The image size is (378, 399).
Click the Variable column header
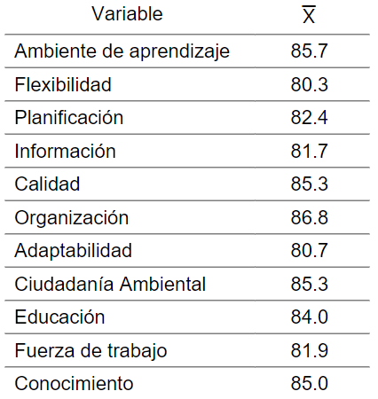[x=127, y=13]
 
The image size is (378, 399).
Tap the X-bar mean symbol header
[x=309, y=14]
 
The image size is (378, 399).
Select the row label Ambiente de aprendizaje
[x=122, y=51]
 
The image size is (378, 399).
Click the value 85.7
[x=309, y=51]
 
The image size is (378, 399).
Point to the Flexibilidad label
[x=63, y=84]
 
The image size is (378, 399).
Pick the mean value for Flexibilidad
[x=309, y=84]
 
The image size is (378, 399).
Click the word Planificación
[x=69, y=117]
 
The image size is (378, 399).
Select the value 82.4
[x=309, y=118]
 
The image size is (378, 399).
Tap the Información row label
[x=65, y=151]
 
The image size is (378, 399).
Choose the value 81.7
[x=309, y=151]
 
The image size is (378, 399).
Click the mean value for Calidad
[x=309, y=184]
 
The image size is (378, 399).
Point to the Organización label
[x=72, y=218]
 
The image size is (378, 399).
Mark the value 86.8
[x=309, y=217]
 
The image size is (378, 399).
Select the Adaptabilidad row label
[x=73, y=252]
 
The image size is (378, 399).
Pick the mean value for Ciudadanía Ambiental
[x=309, y=284]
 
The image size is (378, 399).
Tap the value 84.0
[x=309, y=317]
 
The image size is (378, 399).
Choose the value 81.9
[x=309, y=350]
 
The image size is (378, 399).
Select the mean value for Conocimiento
[x=309, y=384]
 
